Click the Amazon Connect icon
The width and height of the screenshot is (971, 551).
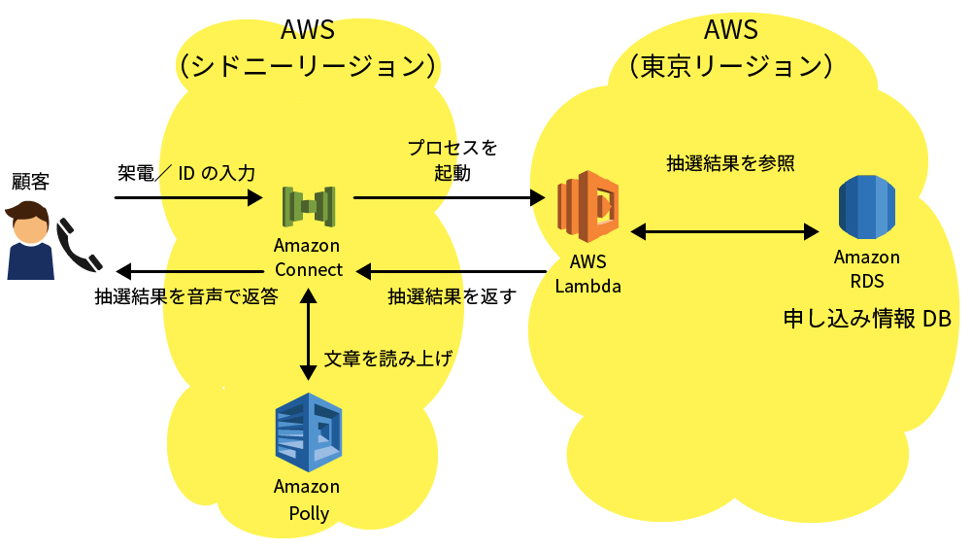(308, 207)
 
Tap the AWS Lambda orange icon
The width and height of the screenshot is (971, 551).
(587, 206)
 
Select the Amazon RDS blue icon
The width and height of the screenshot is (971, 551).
(866, 207)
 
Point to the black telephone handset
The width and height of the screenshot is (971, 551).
(78, 245)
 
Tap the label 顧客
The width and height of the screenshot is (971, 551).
(30, 182)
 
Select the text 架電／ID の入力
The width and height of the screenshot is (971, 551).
(186, 174)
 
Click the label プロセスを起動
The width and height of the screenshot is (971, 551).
(452, 160)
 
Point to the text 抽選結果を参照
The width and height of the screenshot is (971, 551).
(730, 163)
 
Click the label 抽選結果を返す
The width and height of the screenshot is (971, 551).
(452, 296)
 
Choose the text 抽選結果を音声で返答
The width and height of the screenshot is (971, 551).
(186, 296)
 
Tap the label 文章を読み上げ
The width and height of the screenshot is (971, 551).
(387, 358)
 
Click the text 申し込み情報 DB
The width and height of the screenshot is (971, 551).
(866, 319)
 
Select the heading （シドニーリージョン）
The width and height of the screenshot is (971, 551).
(308, 66)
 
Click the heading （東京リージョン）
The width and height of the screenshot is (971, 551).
(730, 66)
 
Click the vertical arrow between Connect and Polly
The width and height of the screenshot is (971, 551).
(308, 333)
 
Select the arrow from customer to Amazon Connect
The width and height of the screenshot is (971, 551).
(188, 198)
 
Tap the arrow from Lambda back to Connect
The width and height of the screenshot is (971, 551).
(452, 270)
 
